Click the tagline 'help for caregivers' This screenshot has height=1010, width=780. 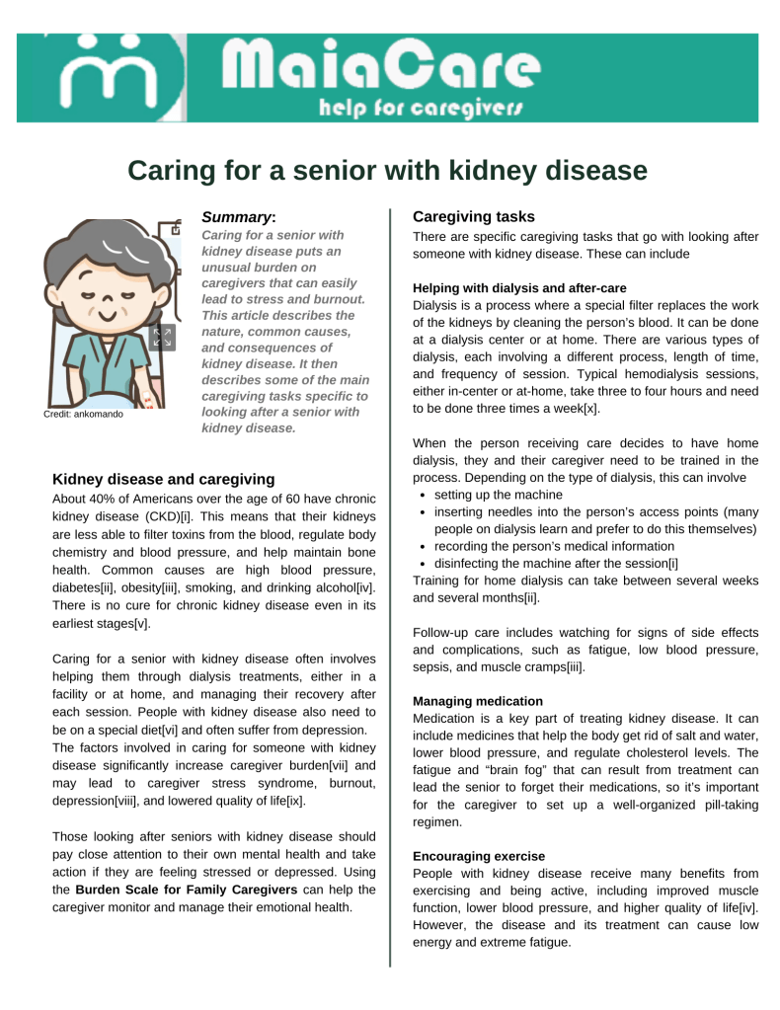[x=420, y=107]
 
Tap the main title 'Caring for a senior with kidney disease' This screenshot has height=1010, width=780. [x=388, y=171]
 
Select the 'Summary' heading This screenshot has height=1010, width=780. [x=237, y=216]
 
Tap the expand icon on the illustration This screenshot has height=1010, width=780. [x=163, y=338]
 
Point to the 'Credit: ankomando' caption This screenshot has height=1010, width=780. [x=84, y=414]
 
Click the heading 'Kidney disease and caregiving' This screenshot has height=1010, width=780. [x=163, y=479]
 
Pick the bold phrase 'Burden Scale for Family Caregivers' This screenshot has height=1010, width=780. [x=186, y=890]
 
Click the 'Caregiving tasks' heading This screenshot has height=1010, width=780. [x=473, y=216]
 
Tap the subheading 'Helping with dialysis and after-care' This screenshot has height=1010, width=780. [x=519, y=288]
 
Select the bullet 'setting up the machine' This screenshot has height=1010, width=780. [x=498, y=494]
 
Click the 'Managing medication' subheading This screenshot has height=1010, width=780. [x=477, y=701]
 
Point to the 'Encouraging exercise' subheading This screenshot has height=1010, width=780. [x=478, y=856]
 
